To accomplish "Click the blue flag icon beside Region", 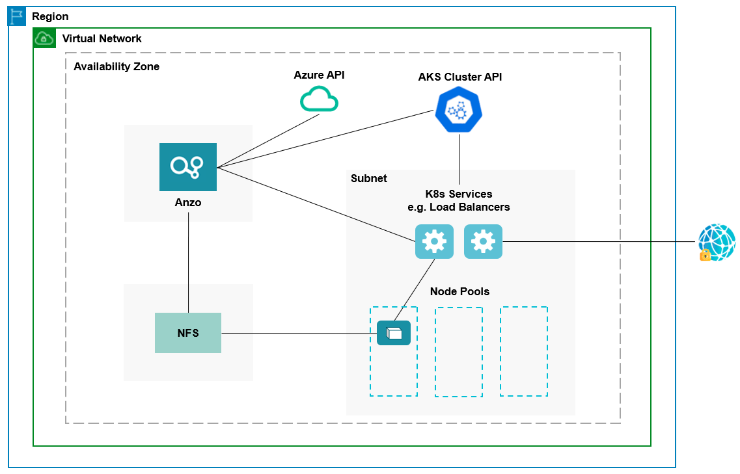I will pos(17,16).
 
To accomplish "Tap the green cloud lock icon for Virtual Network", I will pos(44,38).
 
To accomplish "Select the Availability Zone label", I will pos(116,67).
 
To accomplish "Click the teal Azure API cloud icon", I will pos(319,99).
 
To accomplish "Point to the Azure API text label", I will pos(319,75).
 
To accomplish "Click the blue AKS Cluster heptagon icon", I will pos(459,111).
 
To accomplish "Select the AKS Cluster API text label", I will pos(459,77).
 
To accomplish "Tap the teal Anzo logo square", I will pos(188,167).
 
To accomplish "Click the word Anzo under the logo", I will pos(188,203).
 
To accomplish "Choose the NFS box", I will pos(188,333).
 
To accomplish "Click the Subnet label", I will pos(368,179).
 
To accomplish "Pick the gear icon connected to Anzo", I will pos(434,242).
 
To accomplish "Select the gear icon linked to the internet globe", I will pos(483,242).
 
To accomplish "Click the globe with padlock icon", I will pos(716,243).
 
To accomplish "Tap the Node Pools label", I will pos(459,291).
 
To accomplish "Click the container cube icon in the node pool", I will pos(394,333).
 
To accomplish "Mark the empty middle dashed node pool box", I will pos(459,352).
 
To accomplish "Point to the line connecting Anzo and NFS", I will pos(188,260).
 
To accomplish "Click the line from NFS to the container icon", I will pos(299,334).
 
